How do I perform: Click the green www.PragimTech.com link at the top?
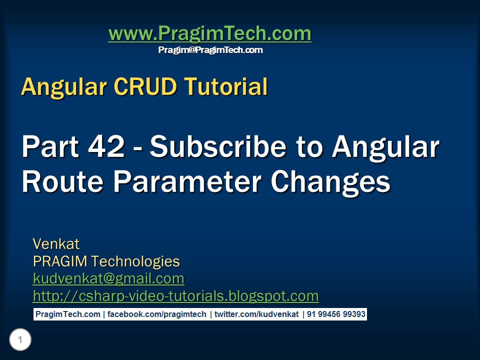(209, 34)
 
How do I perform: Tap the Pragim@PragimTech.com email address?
(210, 50)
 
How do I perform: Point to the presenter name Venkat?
(56, 244)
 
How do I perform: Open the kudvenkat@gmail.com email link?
(108, 278)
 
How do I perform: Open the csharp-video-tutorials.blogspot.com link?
(175, 296)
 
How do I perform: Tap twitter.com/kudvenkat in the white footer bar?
(256, 314)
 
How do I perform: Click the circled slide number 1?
(20, 340)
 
